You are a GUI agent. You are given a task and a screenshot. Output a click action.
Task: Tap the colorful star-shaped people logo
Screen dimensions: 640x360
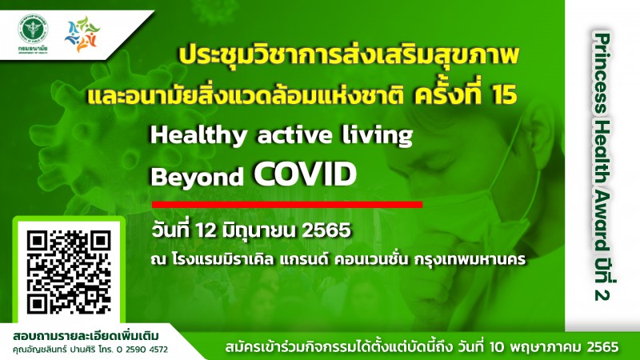click(x=82, y=34)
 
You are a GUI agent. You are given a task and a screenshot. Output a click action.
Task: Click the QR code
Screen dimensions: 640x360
click(x=69, y=272)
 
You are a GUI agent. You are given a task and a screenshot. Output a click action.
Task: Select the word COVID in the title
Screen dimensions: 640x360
click(x=306, y=174)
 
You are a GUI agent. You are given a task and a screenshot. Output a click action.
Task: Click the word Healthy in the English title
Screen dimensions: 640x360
click(x=198, y=135)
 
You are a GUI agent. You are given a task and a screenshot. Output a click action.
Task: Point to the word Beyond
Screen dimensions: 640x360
click(x=197, y=177)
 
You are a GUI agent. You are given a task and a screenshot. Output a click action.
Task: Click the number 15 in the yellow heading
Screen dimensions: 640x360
click(x=505, y=94)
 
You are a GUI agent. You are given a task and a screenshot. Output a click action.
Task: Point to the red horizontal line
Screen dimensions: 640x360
click(x=287, y=205)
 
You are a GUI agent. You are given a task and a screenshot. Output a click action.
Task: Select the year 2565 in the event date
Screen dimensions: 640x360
click(x=326, y=230)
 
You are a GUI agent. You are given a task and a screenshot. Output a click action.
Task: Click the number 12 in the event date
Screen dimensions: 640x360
click(x=206, y=230)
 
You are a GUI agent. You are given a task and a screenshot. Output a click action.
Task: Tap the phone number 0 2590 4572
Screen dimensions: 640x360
click(x=142, y=350)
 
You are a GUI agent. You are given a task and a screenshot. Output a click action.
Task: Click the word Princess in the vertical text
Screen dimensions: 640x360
click(x=602, y=74)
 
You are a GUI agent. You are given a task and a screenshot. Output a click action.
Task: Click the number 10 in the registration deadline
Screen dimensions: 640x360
click(x=497, y=347)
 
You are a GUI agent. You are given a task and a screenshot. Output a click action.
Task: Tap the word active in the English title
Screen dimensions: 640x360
click(x=294, y=135)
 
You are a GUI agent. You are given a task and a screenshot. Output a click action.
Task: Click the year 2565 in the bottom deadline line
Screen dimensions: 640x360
click(x=603, y=347)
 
